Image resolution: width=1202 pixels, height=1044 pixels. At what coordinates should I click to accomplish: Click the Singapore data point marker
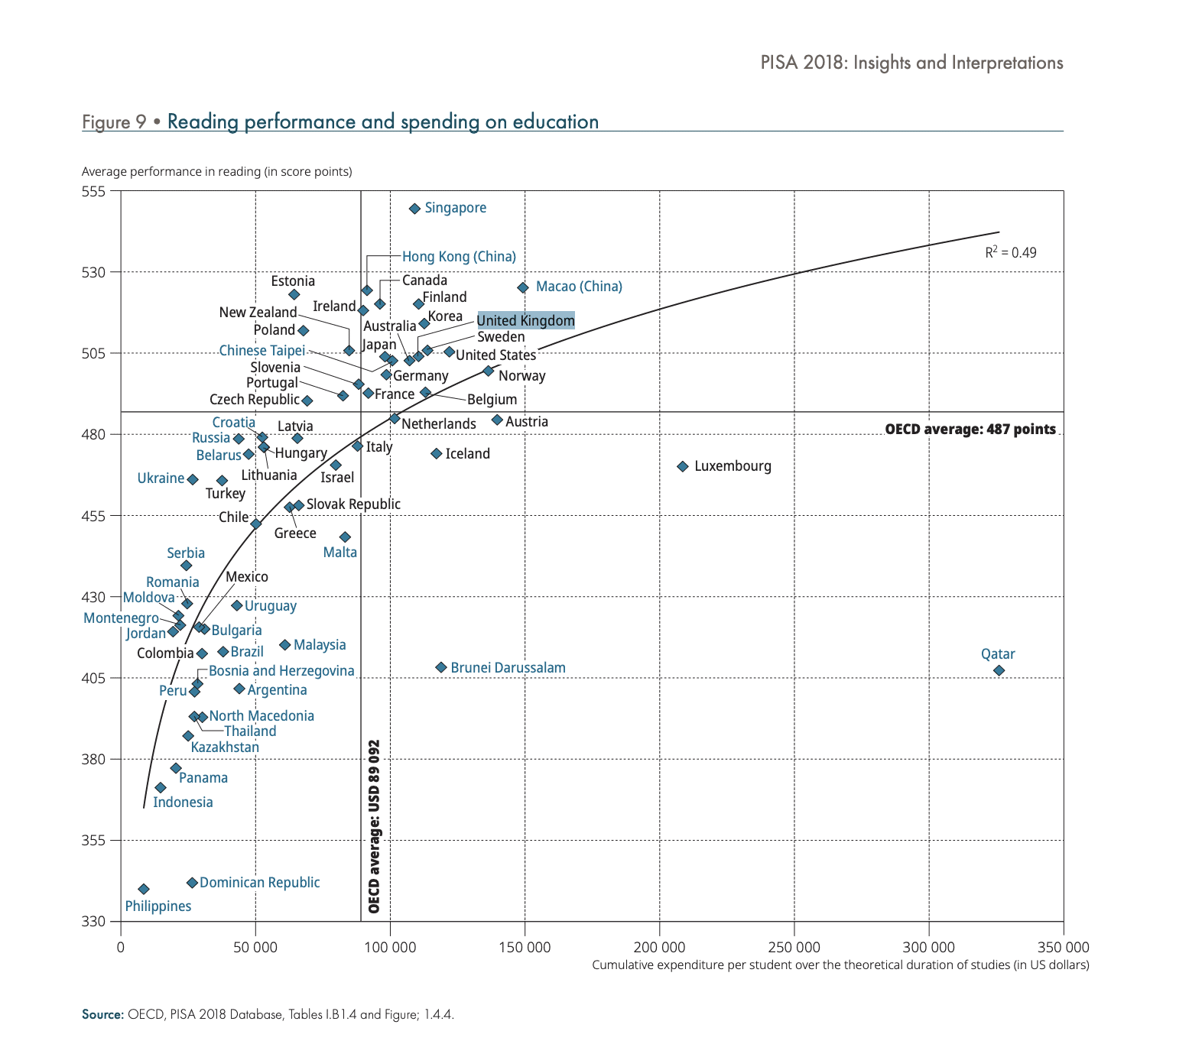coord(414,209)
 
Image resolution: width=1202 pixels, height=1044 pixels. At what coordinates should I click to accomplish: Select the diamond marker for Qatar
coord(999,670)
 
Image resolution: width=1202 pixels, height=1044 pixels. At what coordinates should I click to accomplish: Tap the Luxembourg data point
coord(683,466)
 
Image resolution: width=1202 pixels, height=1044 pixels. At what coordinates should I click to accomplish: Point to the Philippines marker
coord(144,889)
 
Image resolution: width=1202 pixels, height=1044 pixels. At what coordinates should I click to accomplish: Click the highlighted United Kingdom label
coord(525,320)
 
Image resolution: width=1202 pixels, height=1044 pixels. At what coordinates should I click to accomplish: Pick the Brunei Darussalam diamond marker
coord(441,667)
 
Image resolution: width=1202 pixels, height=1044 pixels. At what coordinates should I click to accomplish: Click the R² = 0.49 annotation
coord(1010,252)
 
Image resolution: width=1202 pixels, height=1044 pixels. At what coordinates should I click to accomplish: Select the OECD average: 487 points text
coord(970,430)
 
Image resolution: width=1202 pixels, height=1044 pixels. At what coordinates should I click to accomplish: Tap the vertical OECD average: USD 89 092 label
coord(374,826)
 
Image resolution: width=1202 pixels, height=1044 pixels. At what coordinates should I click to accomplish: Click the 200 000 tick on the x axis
coord(659,948)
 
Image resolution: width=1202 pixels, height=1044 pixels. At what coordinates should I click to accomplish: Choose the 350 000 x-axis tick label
coord(1063,948)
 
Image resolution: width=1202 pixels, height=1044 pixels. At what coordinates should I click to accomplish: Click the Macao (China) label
coord(579,287)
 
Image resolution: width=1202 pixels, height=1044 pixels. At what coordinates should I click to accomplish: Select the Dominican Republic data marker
coord(192,883)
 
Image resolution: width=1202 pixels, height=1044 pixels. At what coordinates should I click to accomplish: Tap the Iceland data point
coord(437,454)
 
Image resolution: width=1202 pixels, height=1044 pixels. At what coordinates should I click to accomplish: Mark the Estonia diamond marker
coord(294,295)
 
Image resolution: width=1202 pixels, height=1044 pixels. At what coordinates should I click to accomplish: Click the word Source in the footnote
coord(102,1015)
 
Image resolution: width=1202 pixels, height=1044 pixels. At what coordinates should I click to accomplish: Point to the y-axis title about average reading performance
coord(216,171)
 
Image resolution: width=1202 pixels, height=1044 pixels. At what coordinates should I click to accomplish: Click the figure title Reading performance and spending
coord(382,122)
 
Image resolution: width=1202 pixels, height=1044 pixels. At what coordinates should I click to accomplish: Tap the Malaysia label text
coord(320,645)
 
